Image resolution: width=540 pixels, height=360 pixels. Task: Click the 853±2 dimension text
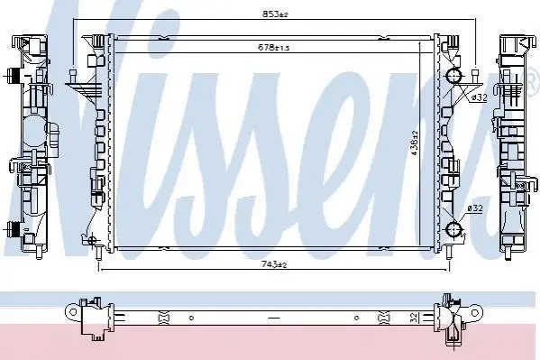[275, 14]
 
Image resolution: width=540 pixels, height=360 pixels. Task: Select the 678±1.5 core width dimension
[274, 47]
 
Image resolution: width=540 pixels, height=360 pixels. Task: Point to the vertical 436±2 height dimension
[415, 143]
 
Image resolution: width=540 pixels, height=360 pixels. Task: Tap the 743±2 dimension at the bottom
[274, 264]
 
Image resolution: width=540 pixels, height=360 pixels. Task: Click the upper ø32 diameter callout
[479, 97]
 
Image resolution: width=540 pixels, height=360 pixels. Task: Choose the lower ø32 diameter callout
[475, 208]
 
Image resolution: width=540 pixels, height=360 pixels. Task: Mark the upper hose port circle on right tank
[454, 76]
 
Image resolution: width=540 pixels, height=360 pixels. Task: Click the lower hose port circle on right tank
[453, 229]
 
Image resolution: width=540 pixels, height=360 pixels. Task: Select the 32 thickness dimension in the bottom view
[415, 317]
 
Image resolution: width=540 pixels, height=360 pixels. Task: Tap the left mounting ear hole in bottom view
[73, 312]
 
